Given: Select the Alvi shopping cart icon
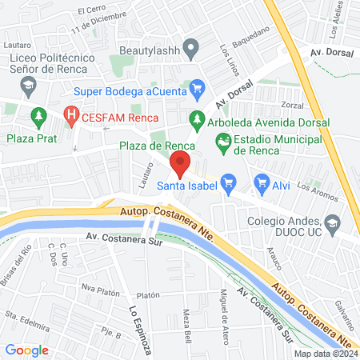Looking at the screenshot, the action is click(x=261, y=183).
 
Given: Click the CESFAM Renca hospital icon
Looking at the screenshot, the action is click(x=74, y=115).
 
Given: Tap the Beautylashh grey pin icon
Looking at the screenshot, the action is click(x=190, y=50).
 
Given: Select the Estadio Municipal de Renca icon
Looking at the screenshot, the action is click(x=224, y=144).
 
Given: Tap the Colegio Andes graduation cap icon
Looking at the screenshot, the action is click(x=334, y=222).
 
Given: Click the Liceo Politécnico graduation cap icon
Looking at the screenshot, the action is click(x=28, y=84).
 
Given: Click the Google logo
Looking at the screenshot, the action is click(x=26, y=350).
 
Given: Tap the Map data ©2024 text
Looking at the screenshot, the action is click(x=324, y=354).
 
